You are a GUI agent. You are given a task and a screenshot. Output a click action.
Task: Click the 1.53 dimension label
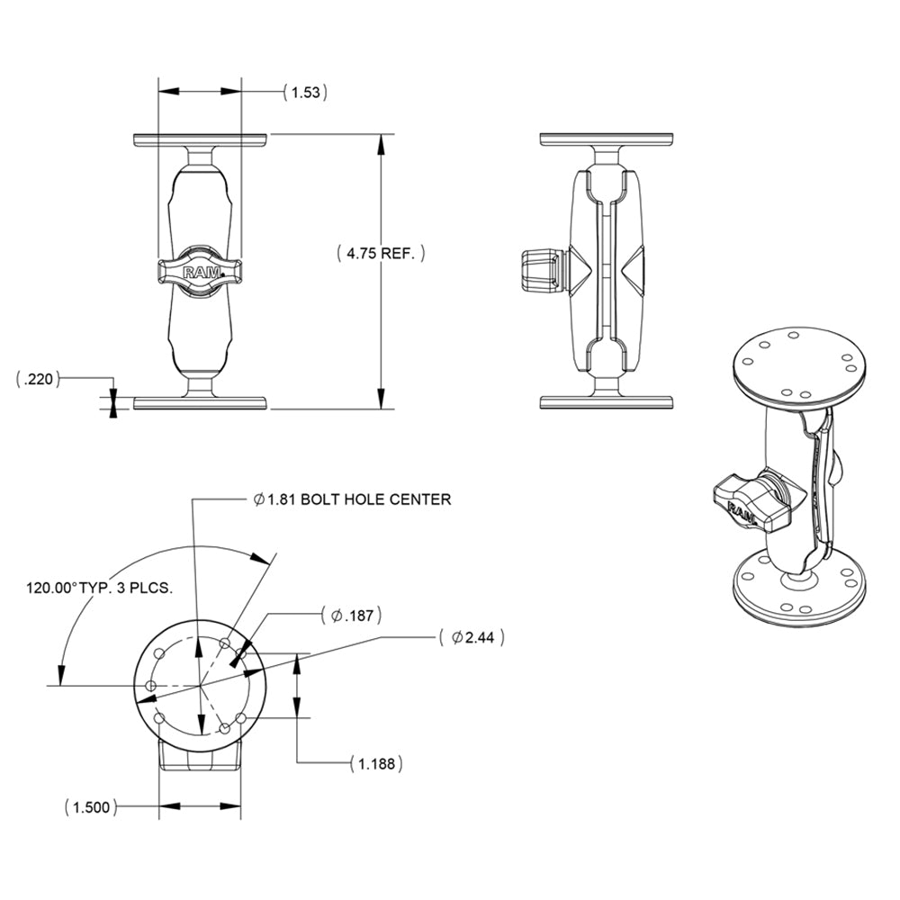click(304, 91)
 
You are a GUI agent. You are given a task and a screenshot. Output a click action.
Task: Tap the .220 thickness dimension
click(38, 380)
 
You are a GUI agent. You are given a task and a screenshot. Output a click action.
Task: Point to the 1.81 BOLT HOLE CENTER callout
click(352, 499)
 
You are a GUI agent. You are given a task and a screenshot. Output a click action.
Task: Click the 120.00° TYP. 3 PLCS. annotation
click(99, 588)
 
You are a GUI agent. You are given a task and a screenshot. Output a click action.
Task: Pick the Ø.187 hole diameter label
click(352, 616)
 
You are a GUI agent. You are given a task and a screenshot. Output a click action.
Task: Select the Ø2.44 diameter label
click(472, 637)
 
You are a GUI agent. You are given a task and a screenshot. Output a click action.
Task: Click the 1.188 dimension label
click(375, 763)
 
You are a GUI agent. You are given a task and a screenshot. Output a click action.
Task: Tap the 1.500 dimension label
click(91, 806)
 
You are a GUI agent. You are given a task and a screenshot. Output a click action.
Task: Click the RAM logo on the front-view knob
click(200, 272)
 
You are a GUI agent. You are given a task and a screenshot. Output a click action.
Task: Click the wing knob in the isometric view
click(747, 500)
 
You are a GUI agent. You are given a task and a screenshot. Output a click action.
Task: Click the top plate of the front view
click(200, 140)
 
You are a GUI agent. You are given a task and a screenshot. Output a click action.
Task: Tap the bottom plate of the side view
click(607, 402)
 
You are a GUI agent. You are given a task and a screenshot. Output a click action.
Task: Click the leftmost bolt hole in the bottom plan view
click(151, 687)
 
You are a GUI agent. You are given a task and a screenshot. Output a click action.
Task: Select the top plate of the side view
click(607, 140)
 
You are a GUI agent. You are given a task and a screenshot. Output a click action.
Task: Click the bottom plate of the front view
click(200, 402)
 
